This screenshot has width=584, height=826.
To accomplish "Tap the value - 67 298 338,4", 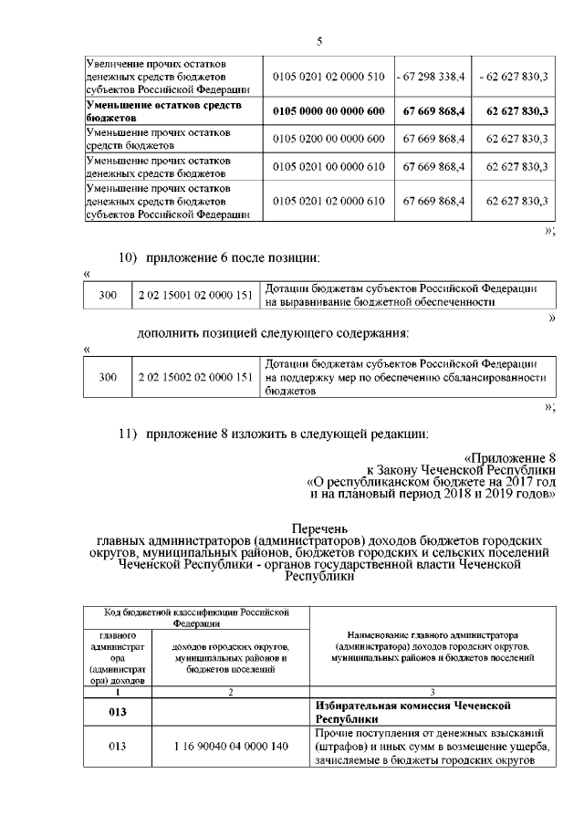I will point(433,77).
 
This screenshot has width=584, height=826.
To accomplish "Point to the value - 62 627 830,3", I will point(513,77).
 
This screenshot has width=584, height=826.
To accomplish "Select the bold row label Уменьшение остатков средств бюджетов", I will point(151,111).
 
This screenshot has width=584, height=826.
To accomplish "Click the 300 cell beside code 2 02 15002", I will point(108,377).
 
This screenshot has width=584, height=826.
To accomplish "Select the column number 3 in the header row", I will point(432,693).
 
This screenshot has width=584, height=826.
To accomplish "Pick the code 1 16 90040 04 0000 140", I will point(230,748).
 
